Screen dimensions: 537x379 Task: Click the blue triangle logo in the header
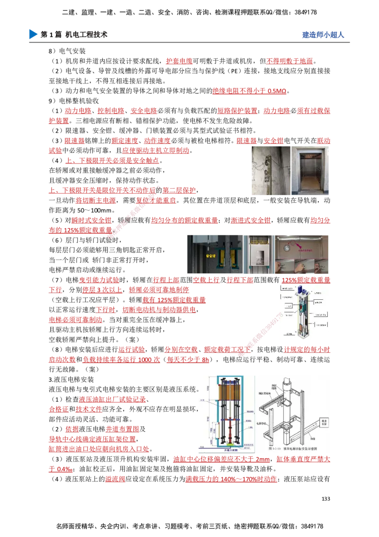32,34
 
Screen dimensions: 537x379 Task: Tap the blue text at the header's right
323,35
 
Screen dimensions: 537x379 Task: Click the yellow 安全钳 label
211,256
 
